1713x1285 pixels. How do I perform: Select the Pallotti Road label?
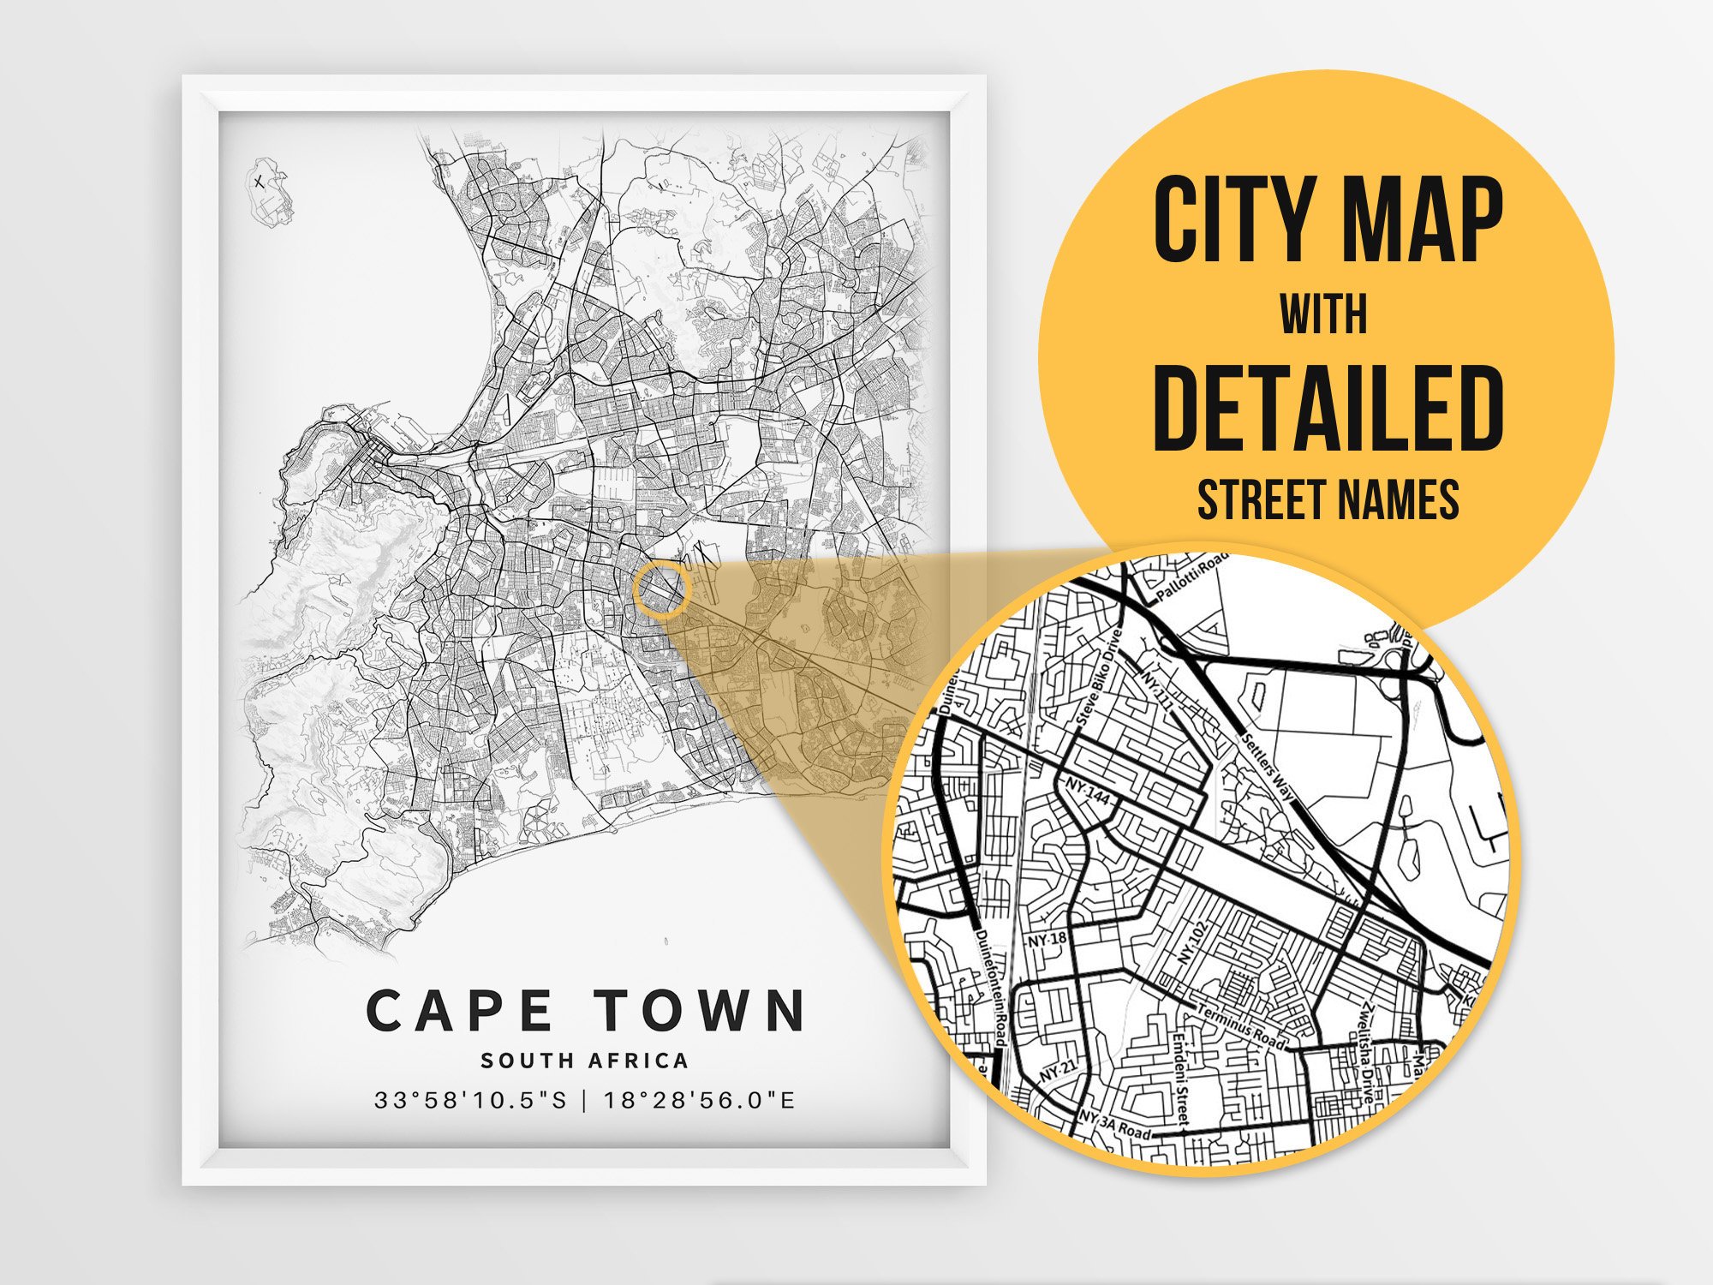click(x=1191, y=581)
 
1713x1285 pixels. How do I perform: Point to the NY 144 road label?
click(x=1088, y=792)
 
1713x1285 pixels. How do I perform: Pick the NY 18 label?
click(x=1047, y=939)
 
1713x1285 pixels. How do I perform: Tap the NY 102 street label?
click(x=1191, y=943)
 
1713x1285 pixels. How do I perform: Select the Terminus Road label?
click(x=1241, y=1027)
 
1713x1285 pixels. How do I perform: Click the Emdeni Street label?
click(x=1182, y=1078)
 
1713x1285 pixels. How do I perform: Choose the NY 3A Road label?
click(x=1114, y=1126)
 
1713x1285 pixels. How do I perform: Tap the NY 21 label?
click(x=1057, y=1071)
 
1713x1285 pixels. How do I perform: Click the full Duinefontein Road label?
click(x=990, y=988)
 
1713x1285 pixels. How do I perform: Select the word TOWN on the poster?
click(x=700, y=1011)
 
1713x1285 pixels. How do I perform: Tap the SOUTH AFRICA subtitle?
click(x=584, y=1061)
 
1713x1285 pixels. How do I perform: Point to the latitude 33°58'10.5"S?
click(x=470, y=1100)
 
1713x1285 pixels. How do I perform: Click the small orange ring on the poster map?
click(x=661, y=589)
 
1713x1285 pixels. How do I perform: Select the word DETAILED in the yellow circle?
click(x=1328, y=408)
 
